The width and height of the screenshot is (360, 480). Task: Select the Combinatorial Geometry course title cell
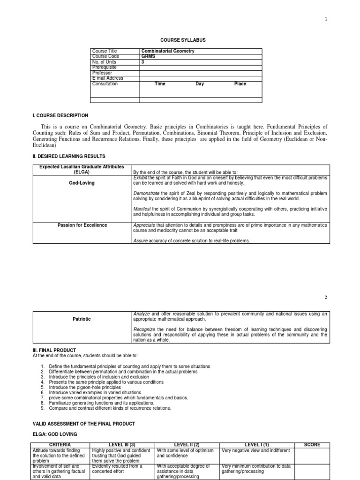click(x=168, y=51)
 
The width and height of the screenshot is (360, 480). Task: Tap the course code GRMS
click(x=148, y=56)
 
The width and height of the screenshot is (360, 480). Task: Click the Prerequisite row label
click(x=105, y=67)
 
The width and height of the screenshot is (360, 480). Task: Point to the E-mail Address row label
click(x=108, y=78)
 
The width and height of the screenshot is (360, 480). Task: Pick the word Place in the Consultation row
click(x=240, y=84)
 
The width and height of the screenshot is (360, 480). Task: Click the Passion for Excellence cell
click(x=82, y=225)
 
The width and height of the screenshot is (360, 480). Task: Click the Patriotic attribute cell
click(x=82, y=319)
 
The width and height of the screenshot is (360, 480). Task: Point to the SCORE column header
click(x=312, y=444)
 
